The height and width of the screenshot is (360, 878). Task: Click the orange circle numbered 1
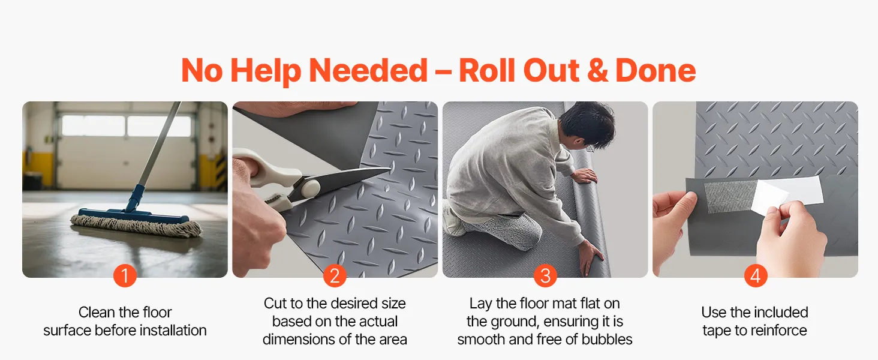click(125, 275)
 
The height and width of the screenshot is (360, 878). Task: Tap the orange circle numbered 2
click(335, 275)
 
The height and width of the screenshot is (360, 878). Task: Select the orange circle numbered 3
click(545, 275)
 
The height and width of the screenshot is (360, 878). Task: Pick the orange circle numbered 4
click(755, 275)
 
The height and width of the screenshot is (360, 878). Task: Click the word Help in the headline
click(265, 71)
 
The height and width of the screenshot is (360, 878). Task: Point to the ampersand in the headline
click(597, 71)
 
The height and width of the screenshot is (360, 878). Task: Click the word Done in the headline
click(656, 71)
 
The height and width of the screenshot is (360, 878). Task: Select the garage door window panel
click(126, 125)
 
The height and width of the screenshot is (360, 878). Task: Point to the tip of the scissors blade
click(390, 169)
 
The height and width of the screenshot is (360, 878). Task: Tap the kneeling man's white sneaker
click(453, 219)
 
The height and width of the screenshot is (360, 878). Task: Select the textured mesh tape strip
click(729, 196)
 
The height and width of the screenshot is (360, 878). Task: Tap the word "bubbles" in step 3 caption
click(607, 339)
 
